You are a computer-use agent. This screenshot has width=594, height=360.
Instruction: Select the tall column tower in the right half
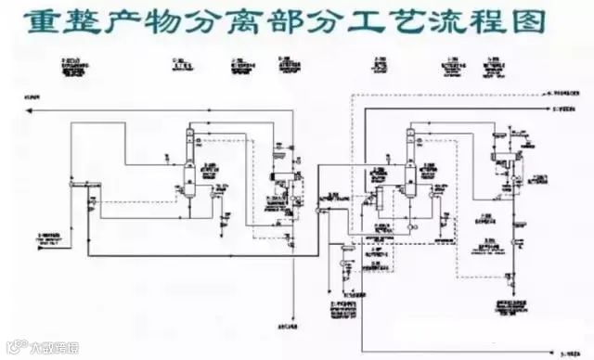[411, 162]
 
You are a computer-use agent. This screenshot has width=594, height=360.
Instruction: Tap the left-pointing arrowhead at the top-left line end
[32, 109]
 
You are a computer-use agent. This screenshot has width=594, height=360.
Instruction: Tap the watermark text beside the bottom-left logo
[46, 351]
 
